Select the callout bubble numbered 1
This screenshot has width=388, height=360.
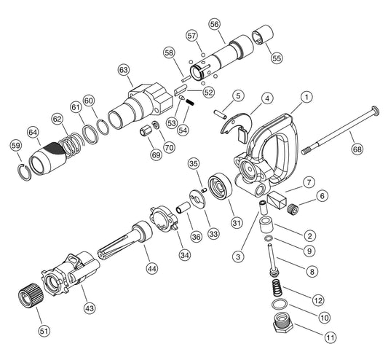[307, 96]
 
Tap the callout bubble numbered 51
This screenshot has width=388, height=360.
[45, 330]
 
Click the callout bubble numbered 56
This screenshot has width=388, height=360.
[215, 24]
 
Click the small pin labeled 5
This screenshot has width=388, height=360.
[221, 111]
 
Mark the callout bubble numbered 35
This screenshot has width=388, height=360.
[193, 163]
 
